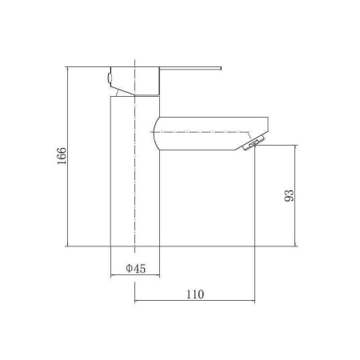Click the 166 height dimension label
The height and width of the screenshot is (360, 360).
pos(62,156)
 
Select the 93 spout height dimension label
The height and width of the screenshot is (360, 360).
pos(289,195)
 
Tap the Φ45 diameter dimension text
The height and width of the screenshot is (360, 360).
pos(136,268)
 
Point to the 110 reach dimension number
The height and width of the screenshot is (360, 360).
pos(195,294)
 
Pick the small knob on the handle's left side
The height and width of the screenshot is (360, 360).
pos(109,78)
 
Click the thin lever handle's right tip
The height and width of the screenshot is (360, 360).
pos(222,68)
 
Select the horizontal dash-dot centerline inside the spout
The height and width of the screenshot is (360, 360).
pos(201,132)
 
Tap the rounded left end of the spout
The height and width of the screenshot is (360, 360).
pos(155,134)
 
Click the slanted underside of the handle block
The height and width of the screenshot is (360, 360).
pos(122,90)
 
